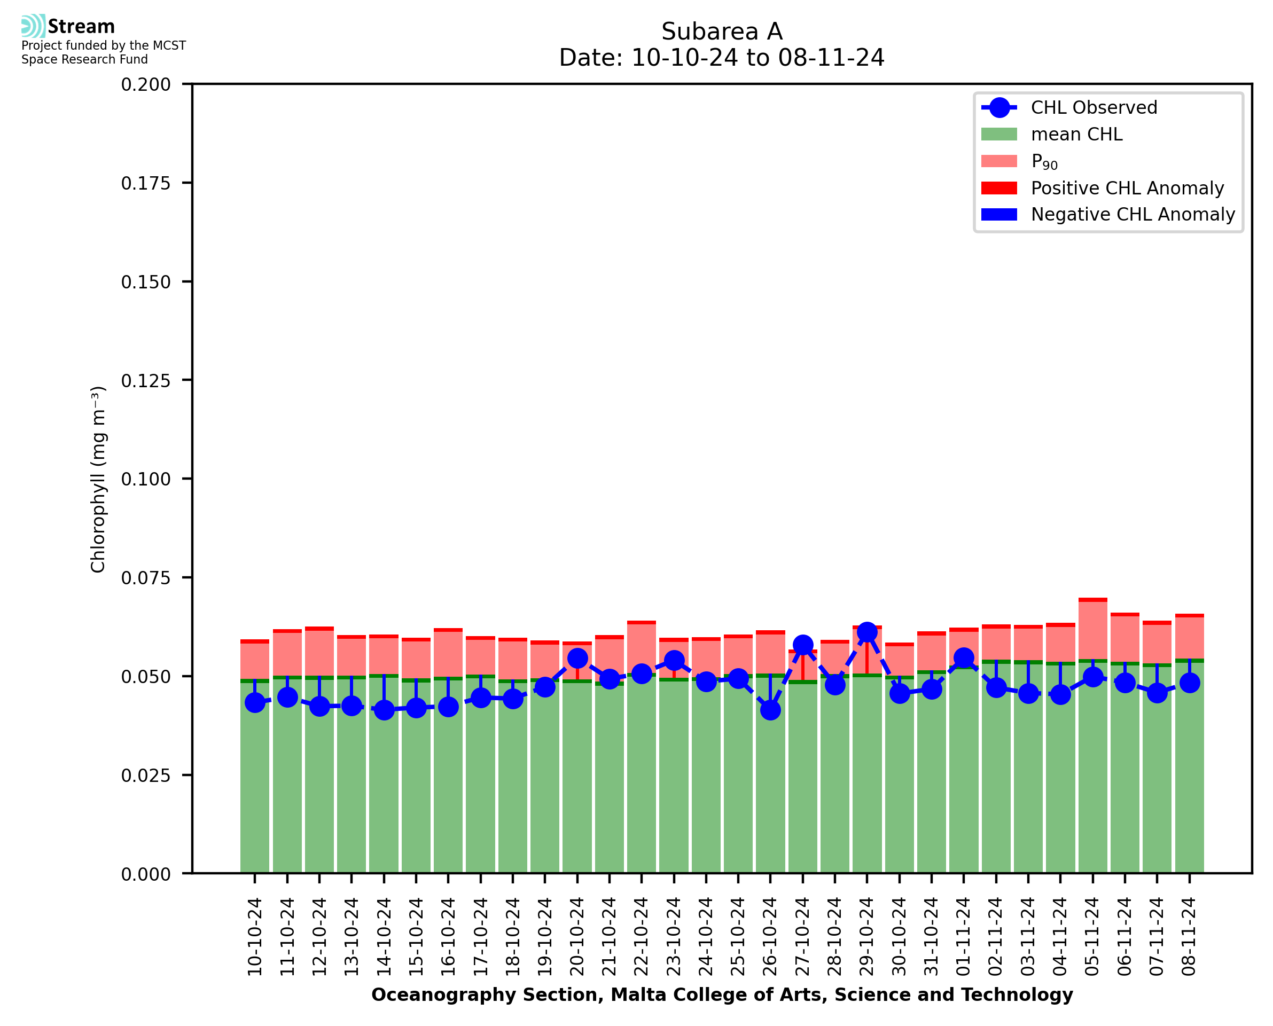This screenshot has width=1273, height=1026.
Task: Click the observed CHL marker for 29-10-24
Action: [866, 632]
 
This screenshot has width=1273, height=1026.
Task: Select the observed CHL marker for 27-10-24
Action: [802, 645]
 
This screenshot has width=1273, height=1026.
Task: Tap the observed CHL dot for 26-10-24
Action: [770, 710]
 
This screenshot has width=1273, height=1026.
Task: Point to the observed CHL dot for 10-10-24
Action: [255, 703]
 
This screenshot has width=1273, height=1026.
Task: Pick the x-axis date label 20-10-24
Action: [577, 937]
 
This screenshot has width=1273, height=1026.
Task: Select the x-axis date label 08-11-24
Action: [1189, 937]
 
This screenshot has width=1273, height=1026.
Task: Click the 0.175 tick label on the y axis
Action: [145, 183]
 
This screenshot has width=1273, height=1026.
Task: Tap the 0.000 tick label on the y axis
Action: [145, 874]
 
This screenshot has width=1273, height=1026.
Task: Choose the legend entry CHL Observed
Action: [1094, 107]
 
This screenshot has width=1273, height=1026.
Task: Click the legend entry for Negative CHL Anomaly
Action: [1133, 214]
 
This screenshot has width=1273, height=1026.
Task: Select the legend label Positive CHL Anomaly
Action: [1127, 188]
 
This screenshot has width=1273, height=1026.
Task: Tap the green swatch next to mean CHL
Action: [999, 134]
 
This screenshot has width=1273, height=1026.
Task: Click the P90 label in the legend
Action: [1044, 161]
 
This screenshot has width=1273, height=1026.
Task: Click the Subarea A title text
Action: [722, 32]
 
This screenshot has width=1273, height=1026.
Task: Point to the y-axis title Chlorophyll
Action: [98, 479]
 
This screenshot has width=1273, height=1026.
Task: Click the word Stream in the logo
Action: [81, 27]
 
